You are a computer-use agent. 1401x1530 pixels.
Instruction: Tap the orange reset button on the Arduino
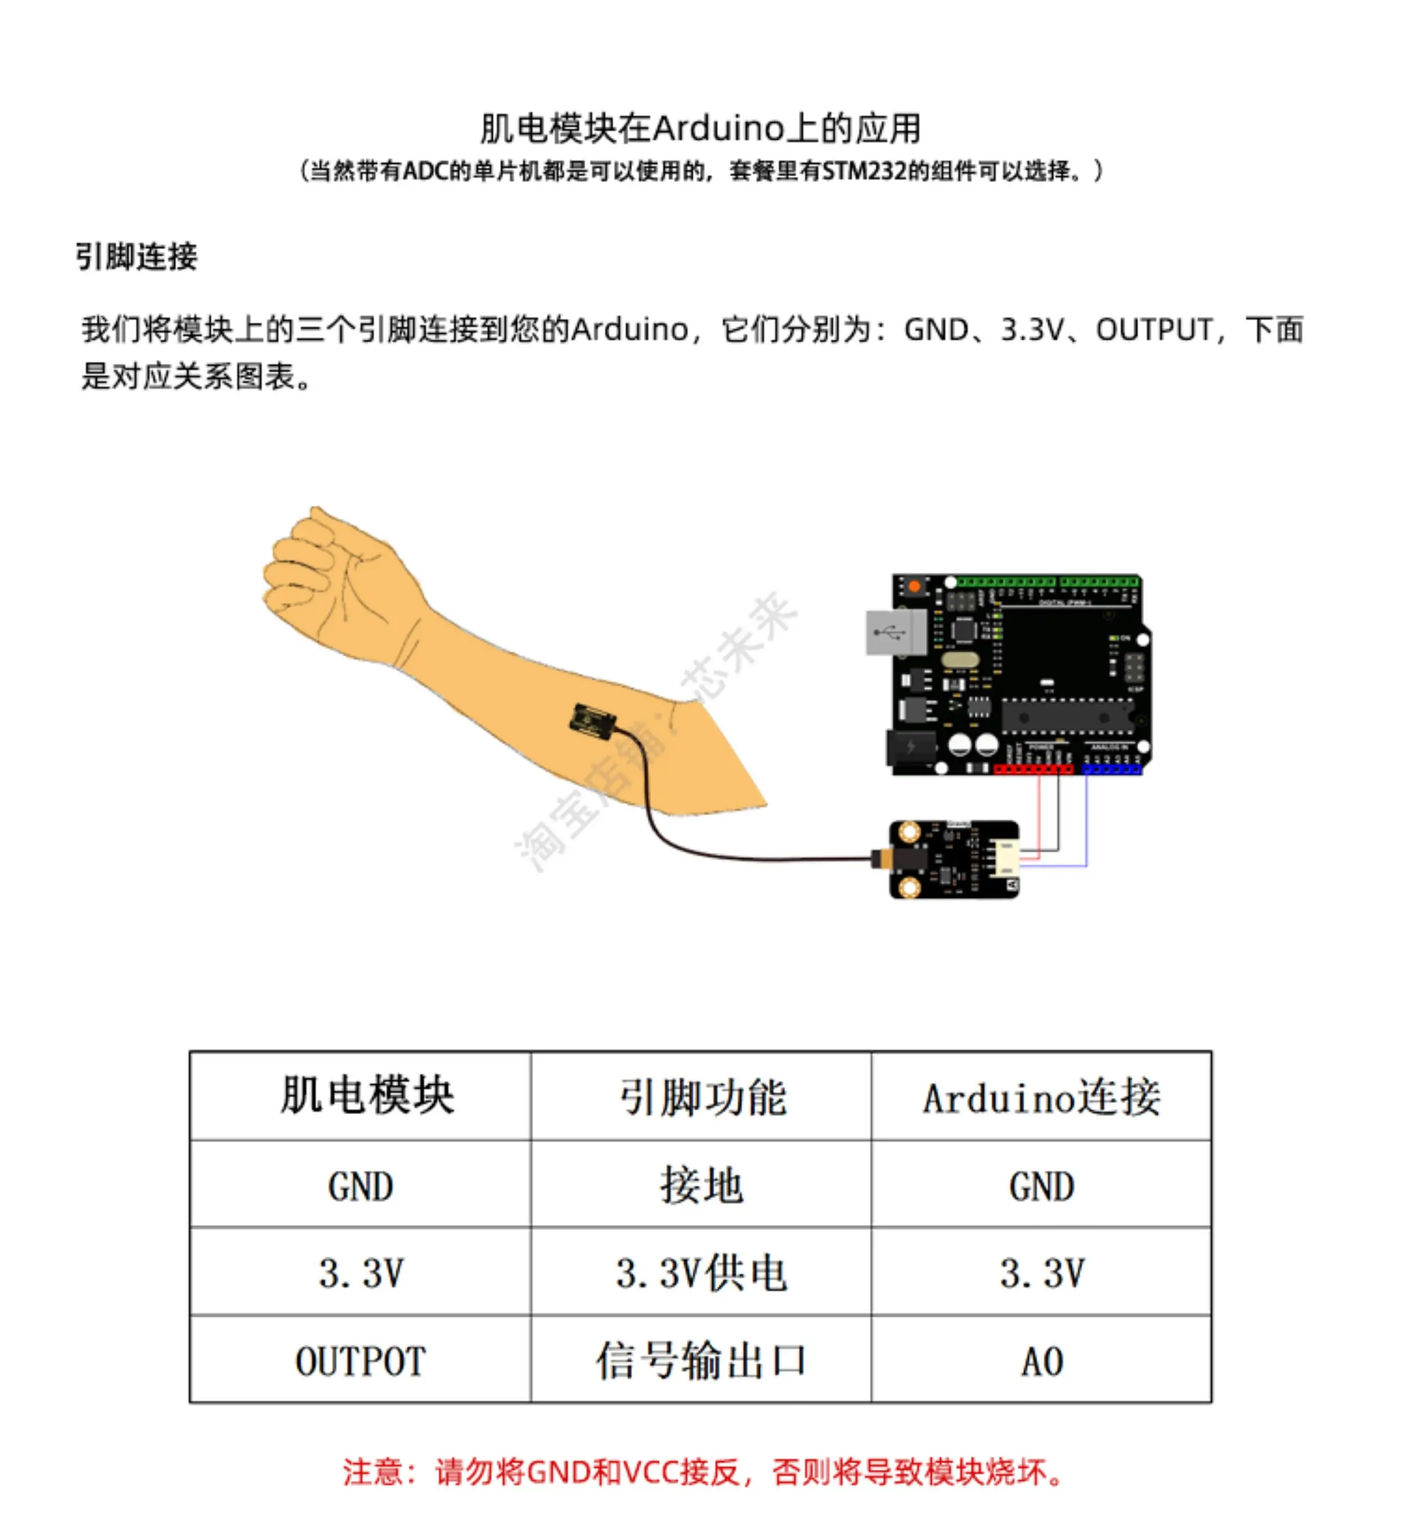915,586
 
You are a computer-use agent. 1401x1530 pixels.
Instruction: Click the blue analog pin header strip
1111,770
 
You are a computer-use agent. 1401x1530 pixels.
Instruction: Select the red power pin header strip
1033,770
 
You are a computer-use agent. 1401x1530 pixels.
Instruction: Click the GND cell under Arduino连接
1041,1185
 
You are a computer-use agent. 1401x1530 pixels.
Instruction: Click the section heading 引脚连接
137,257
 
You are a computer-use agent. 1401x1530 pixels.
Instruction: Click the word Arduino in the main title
718,128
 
